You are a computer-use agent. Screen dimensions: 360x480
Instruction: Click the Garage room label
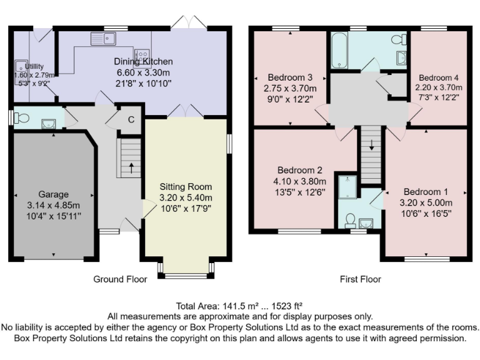[53, 194]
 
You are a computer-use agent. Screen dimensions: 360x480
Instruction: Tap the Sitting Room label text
[186, 187]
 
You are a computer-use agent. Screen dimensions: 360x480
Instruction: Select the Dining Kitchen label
[143, 61]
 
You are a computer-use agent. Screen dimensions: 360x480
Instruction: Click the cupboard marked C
[131, 120]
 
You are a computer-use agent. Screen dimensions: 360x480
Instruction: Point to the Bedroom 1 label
[426, 192]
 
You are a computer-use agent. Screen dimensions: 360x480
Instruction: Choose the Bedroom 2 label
[300, 170]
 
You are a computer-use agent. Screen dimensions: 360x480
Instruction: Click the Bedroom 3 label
[289, 77]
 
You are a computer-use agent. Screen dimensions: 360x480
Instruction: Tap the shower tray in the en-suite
[346, 187]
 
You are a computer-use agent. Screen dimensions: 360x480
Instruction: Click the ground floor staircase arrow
[131, 167]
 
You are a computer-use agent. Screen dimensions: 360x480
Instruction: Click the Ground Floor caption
[120, 279]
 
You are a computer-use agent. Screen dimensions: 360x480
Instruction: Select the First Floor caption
[360, 279]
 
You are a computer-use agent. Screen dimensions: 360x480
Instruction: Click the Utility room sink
[19, 66]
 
